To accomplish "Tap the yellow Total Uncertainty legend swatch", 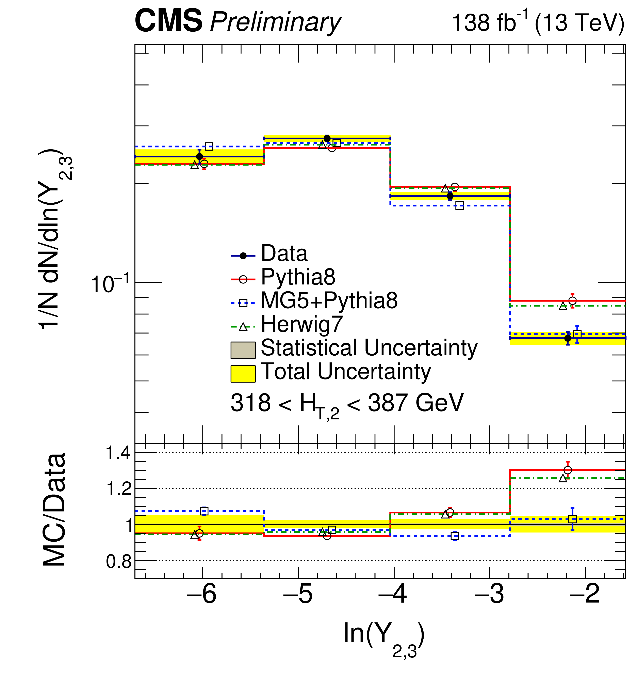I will tap(243, 374).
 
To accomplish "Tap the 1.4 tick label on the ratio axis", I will tap(118, 453).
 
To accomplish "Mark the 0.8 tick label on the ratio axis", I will tap(118, 562).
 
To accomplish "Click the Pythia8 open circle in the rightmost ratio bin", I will tap(567, 470).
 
